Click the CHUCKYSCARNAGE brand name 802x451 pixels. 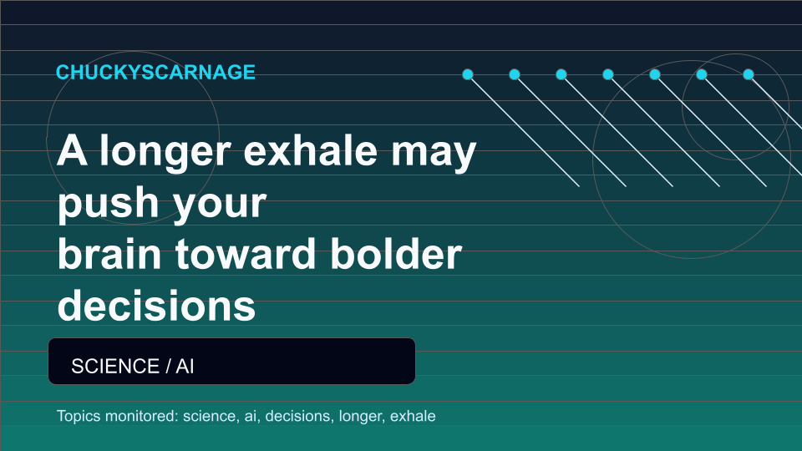[x=155, y=72]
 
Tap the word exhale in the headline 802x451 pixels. [x=310, y=151]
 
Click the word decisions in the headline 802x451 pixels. [x=156, y=306]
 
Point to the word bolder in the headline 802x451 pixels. [x=396, y=254]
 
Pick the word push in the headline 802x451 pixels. [x=109, y=203]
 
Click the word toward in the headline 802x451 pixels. [x=246, y=254]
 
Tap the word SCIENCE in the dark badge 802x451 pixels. [x=115, y=366]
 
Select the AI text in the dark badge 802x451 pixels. [x=185, y=366]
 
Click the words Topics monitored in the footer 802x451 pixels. [x=117, y=416]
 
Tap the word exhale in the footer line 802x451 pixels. [x=413, y=416]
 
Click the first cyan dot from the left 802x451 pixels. [x=468, y=74]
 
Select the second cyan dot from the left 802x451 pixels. [x=515, y=74]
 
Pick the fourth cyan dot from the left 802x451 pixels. [x=608, y=74]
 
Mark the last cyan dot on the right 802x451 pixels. [x=749, y=74]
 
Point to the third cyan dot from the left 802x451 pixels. [x=561, y=74]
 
